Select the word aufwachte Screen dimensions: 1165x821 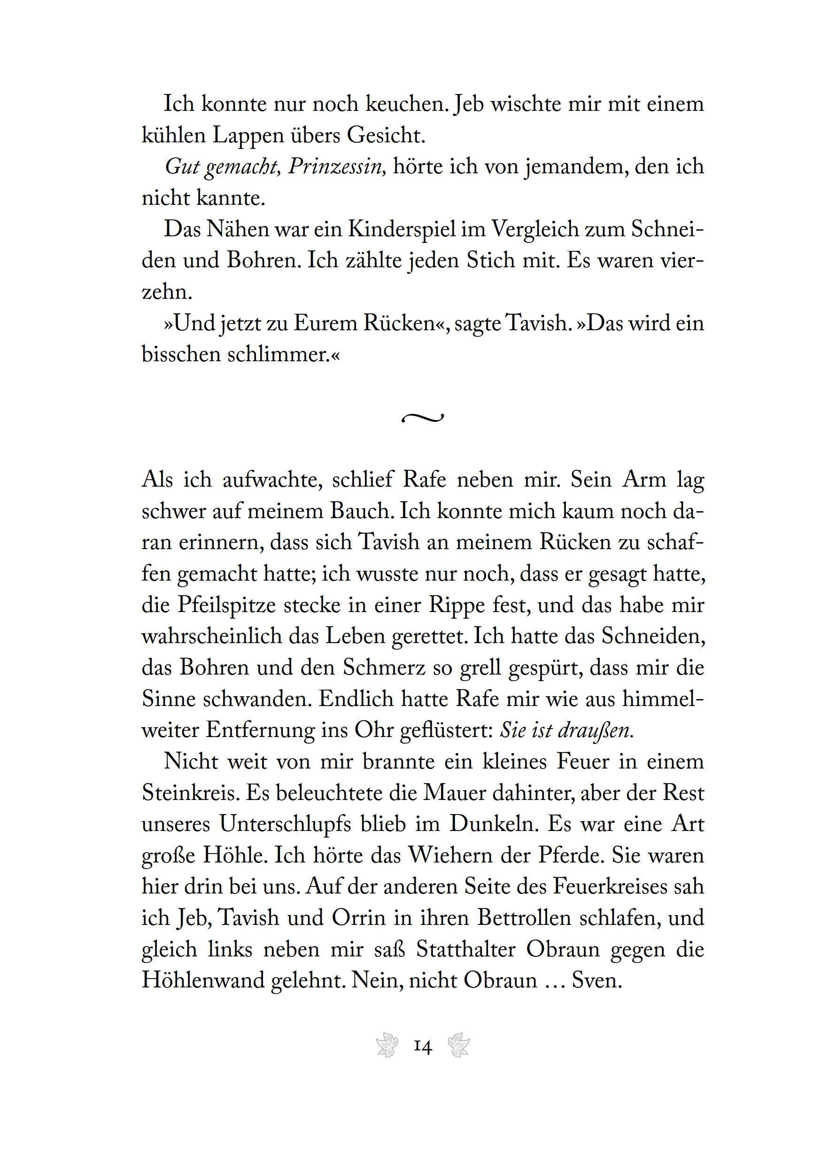click(x=272, y=480)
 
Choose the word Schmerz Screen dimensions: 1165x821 click(x=384, y=667)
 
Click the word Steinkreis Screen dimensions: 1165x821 click(x=190, y=793)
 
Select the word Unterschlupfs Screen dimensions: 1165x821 click(x=285, y=824)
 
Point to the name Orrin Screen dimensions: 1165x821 click(x=359, y=918)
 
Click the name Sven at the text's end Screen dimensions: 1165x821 click(x=596, y=980)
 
